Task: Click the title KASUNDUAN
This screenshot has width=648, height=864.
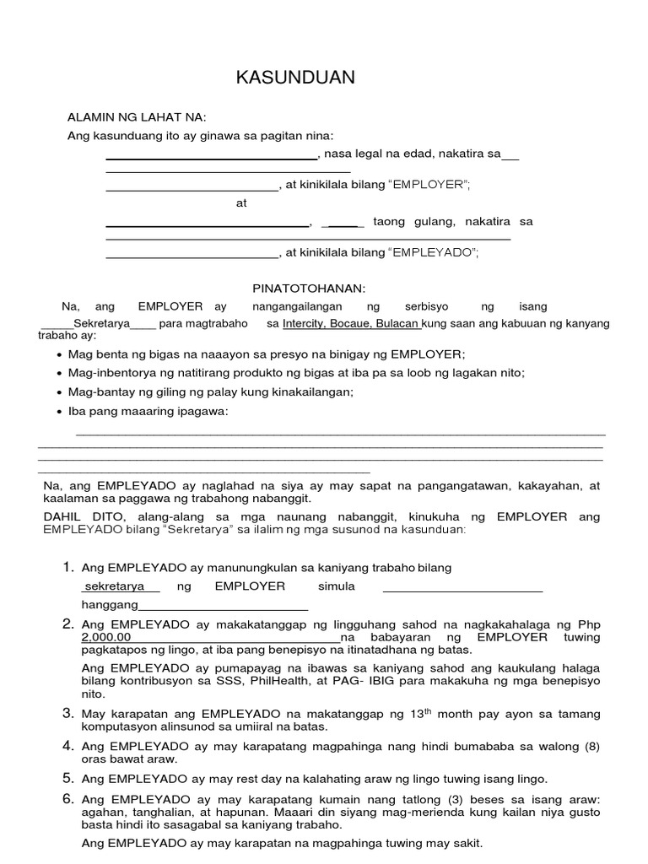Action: click(x=295, y=78)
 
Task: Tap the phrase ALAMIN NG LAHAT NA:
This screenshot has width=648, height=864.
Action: click(x=137, y=117)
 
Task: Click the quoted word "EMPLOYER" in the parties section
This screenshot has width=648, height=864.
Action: click(x=428, y=184)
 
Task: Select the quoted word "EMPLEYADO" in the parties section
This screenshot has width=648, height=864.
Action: click(x=432, y=251)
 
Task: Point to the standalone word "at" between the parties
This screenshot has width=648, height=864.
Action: click(x=242, y=203)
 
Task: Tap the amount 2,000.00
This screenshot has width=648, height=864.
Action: click(x=106, y=637)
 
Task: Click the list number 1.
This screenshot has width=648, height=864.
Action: click(x=69, y=567)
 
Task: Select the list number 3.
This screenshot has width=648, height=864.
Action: click(x=69, y=714)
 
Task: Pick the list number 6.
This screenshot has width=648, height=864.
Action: click(x=69, y=798)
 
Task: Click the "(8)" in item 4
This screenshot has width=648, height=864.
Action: click(x=588, y=746)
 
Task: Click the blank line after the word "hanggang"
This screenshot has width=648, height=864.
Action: click(x=223, y=605)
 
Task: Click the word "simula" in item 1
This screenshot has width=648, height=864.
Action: click(x=336, y=586)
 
